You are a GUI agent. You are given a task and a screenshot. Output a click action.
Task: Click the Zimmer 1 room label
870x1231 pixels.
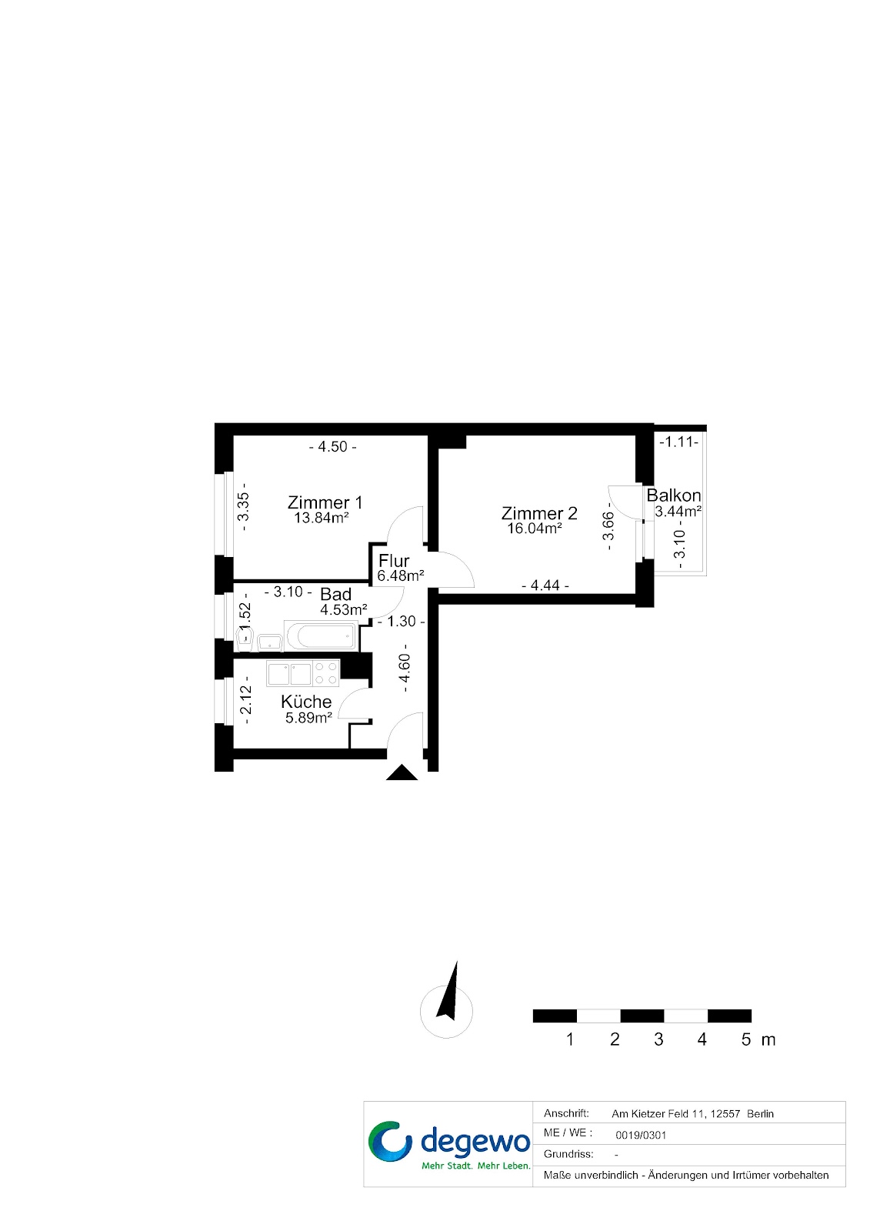tap(325, 502)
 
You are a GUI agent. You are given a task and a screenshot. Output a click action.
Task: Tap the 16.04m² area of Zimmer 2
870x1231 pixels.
tap(534, 529)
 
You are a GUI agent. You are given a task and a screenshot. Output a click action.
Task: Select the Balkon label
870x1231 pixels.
tap(674, 495)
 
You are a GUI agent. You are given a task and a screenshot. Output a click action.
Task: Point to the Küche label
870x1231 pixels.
tap(306, 702)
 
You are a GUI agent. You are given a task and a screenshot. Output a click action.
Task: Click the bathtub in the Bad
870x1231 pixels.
tap(321, 637)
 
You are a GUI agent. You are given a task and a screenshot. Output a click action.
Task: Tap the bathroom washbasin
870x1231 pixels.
tap(269, 642)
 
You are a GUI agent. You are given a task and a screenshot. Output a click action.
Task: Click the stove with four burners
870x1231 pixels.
tap(326, 673)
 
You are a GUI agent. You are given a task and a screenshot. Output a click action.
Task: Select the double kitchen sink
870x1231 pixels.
tap(289, 673)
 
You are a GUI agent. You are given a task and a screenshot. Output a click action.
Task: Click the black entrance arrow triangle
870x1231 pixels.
tap(402, 772)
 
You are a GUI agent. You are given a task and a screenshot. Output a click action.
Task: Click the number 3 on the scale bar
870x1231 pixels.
tap(658, 1039)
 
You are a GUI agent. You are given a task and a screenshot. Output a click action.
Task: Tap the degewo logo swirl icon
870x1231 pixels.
tap(389, 1140)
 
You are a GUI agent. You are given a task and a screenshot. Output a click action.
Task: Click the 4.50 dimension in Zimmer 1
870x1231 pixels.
tap(332, 447)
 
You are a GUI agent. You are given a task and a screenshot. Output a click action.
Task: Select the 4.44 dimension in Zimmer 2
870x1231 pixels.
tap(545, 585)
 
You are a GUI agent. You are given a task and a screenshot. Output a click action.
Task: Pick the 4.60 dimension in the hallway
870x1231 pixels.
tap(405, 669)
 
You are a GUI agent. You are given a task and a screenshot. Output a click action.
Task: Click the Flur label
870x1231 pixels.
tap(394, 561)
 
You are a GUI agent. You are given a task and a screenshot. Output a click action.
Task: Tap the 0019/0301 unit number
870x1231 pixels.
tap(641, 1135)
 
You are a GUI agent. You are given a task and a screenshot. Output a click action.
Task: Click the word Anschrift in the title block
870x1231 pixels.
tap(566, 1113)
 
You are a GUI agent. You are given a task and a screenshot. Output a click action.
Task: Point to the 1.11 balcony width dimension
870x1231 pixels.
tap(678, 442)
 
